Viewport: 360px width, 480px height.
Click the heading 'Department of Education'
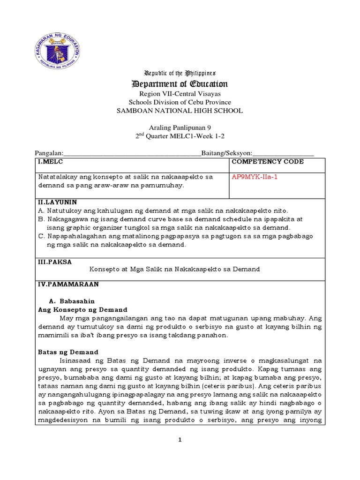180,84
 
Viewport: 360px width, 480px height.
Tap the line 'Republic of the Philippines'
180,74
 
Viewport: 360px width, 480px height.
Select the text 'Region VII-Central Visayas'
180,94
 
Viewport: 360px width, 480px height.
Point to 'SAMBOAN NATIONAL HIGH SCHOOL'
180,111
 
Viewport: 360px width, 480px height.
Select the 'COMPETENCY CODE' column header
268,162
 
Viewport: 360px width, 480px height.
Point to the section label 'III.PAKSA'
55,262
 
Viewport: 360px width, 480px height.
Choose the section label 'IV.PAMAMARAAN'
68,284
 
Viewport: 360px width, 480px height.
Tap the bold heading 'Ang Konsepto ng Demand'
82,310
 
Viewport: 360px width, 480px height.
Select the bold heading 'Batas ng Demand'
67,352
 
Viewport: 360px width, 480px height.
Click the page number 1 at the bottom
180,440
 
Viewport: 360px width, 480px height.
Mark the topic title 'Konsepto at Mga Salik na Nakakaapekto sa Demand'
174,270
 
